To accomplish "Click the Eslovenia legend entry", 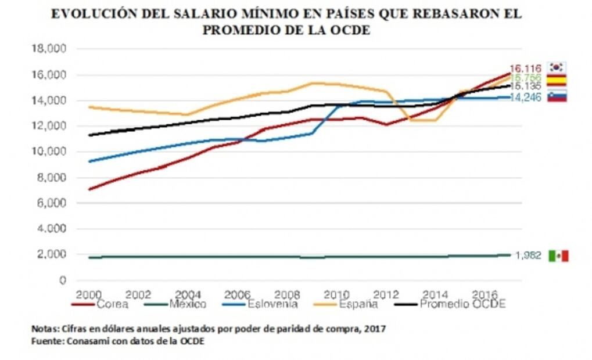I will pyautogui.click(x=272, y=304).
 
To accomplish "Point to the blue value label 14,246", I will pyautogui.click(x=525, y=98).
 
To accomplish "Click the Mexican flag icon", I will pyautogui.click(x=558, y=255).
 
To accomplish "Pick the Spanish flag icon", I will pyautogui.click(x=558, y=80).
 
